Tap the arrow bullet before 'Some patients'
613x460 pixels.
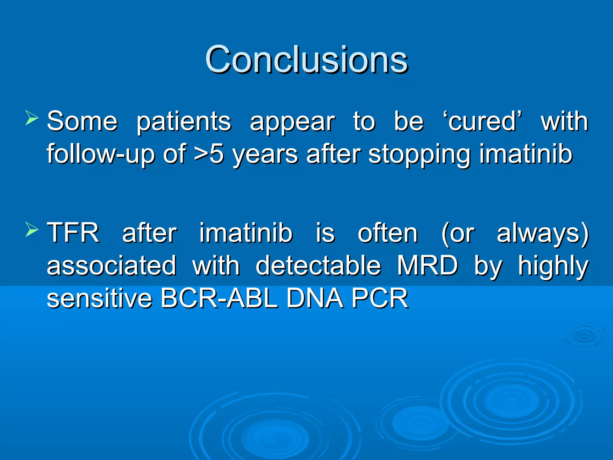[x=32, y=118]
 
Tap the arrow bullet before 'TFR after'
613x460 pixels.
[x=32, y=229]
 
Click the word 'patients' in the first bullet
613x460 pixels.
[x=184, y=122]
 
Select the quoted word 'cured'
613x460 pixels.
[x=482, y=121]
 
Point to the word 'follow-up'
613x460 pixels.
[x=101, y=154]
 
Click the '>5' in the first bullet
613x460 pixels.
[x=209, y=154]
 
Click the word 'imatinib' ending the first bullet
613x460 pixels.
[x=526, y=154]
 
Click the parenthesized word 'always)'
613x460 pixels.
[x=542, y=234]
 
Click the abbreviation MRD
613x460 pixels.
[x=427, y=265]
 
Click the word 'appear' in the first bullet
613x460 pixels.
[x=292, y=122]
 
